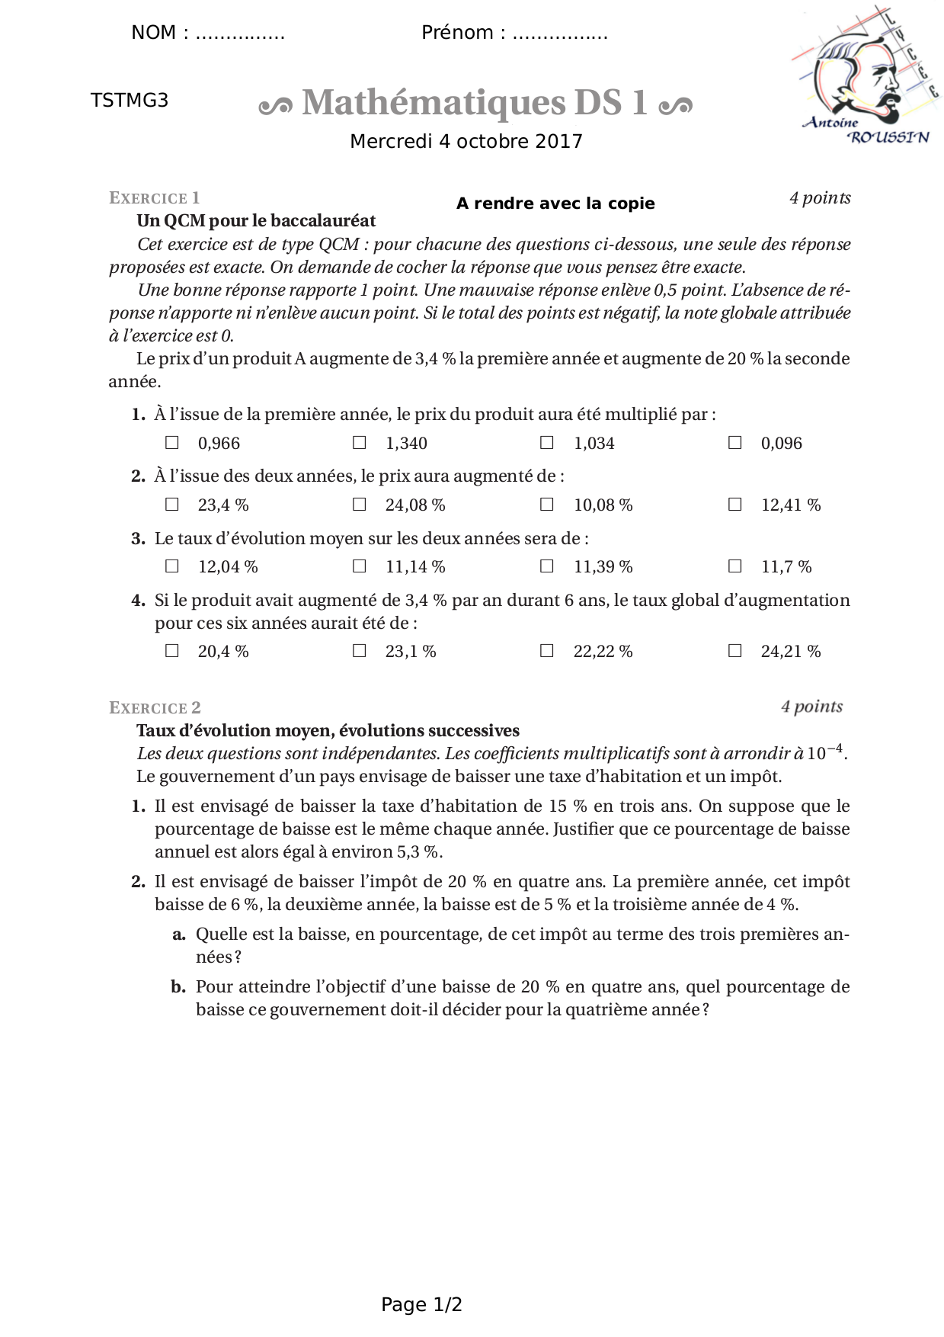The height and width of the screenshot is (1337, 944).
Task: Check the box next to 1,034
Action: pyautogui.click(x=546, y=442)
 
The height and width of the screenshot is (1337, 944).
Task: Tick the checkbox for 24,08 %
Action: pyautogui.click(x=359, y=504)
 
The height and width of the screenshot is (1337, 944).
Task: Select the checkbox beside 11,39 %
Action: pyautogui.click(x=546, y=566)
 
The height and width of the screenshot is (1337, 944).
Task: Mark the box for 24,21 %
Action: pyautogui.click(x=734, y=650)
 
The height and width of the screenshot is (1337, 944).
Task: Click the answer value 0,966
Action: pyautogui.click(x=219, y=444)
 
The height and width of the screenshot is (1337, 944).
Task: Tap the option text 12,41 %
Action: pyautogui.click(x=791, y=505)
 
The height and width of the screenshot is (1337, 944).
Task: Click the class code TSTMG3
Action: pyautogui.click(x=130, y=101)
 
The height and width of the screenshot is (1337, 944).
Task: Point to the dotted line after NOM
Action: pyautogui.click(x=240, y=34)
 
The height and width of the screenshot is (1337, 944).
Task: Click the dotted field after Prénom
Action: pyautogui.click(x=560, y=34)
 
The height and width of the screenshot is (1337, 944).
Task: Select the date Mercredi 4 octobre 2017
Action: pyautogui.click(x=466, y=142)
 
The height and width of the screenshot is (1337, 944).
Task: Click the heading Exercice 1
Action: pyautogui.click(x=155, y=198)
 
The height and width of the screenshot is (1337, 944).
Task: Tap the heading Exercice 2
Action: pyautogui.click(x=155, y=708)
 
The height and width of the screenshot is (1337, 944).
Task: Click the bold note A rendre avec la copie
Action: pyautogui.click(x=555, y=204)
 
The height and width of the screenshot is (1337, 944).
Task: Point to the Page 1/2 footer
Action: pyautogui.click(x=421, y=1305)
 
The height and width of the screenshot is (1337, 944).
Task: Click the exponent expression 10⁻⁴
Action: pyautogui.click(x=825, y=752)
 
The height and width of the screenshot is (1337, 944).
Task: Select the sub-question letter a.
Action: pyautogui.click(x=179, y=935)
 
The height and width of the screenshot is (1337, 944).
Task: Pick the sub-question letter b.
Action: pyautogui.click(x=178, y=987)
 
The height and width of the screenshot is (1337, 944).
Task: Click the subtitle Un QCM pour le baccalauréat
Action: pyautogui.click(x=256, y=221)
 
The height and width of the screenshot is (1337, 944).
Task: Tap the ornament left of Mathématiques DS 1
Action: pyautogui.click(x=276, y=106)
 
